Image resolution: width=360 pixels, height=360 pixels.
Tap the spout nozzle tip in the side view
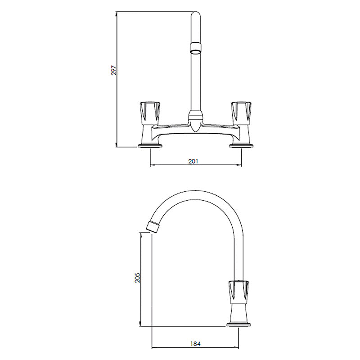click(x=153, y=226)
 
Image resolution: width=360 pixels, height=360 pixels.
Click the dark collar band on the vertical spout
click(x=195, y=46)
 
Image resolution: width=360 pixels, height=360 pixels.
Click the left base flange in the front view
click(x=149, y=145)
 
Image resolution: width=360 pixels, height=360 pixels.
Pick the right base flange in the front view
click(x=242, y=145)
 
